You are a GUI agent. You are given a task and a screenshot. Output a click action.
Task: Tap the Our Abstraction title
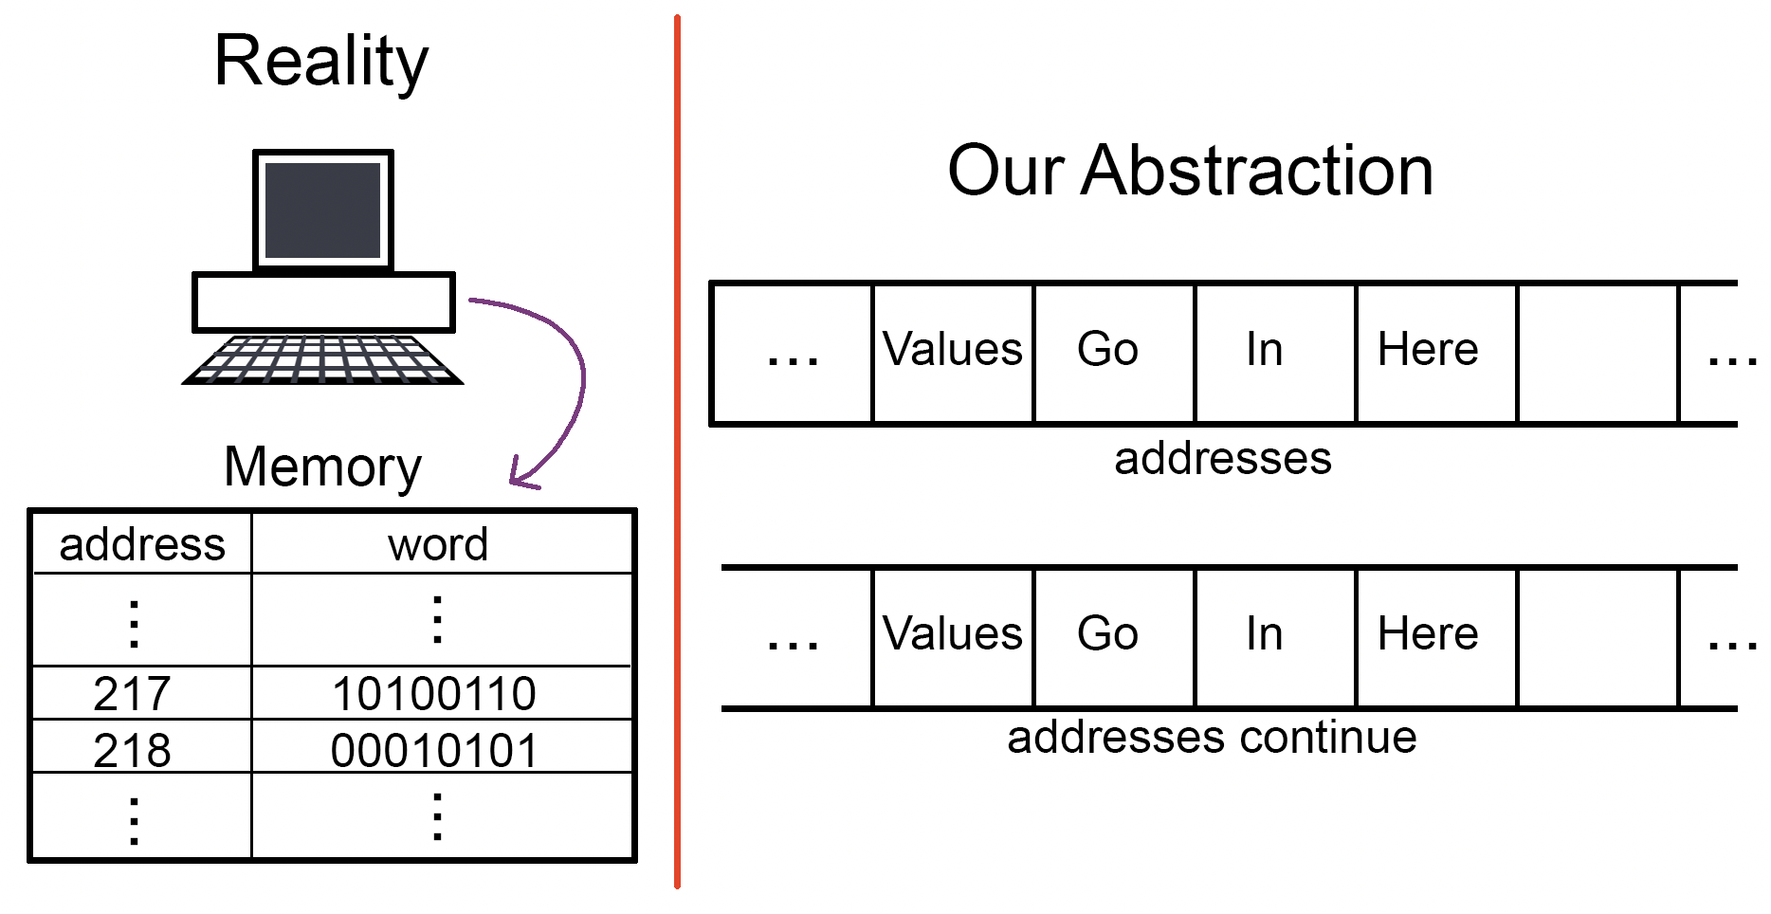(1191, 171)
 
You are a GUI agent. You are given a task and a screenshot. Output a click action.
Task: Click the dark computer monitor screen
(322, 210)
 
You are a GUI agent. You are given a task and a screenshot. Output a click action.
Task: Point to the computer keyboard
(322, 359)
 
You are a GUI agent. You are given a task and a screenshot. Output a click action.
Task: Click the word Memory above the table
(322, 468)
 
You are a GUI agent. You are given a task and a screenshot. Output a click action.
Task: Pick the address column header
(142, 545)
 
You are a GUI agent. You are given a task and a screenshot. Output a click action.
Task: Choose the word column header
(438, 545)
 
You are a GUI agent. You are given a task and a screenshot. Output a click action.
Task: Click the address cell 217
(132, 693)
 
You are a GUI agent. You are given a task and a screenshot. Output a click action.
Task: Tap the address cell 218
(132, 750)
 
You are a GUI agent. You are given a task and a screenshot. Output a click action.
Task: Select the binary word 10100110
(434, 693)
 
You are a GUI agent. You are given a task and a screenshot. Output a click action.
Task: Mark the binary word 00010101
(434, 750)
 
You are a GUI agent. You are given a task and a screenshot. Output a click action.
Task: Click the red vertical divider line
(677, 452)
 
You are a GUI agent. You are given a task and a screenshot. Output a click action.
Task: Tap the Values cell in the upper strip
(953, 349)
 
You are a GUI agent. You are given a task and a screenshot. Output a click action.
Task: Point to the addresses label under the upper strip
(1223, 459)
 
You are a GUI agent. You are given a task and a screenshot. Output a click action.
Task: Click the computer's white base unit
(323, 302)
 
